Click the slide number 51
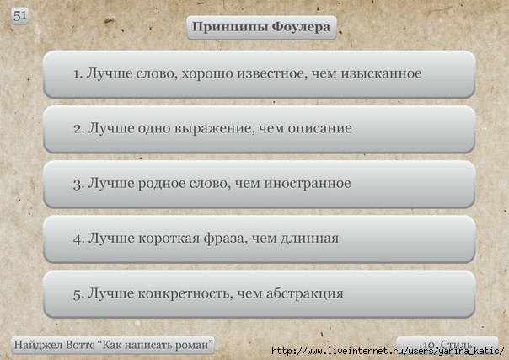point(19,15)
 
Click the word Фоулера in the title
point(301,27)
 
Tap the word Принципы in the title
point(230,28)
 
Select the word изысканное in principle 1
point(381,73)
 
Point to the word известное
point(271,73)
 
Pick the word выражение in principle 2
point(212,129)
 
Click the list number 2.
point(79,128)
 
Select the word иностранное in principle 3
point(308,184)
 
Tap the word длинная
point(309,239)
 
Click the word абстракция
point(305,294)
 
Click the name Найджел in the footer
point(38,345)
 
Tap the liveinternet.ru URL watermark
point(388,352)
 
